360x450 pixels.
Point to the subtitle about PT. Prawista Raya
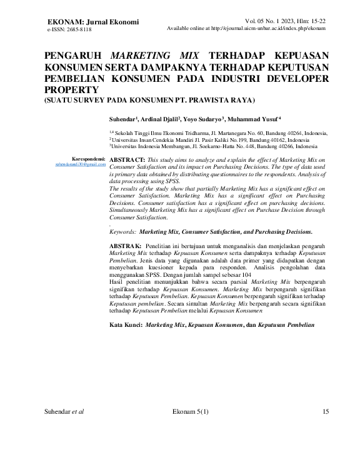(x=149, y=100)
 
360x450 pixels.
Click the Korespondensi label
(x=89, y=159)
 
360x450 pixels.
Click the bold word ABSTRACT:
(x=127, y=161)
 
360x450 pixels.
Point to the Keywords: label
(x=122, y=231)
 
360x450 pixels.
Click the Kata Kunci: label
(x=125, y=326)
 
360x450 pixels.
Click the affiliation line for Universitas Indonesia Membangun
(x=213, y=147)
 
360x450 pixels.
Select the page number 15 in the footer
(x=325, y=411)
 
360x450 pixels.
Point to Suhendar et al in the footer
(x=65, y=411)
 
